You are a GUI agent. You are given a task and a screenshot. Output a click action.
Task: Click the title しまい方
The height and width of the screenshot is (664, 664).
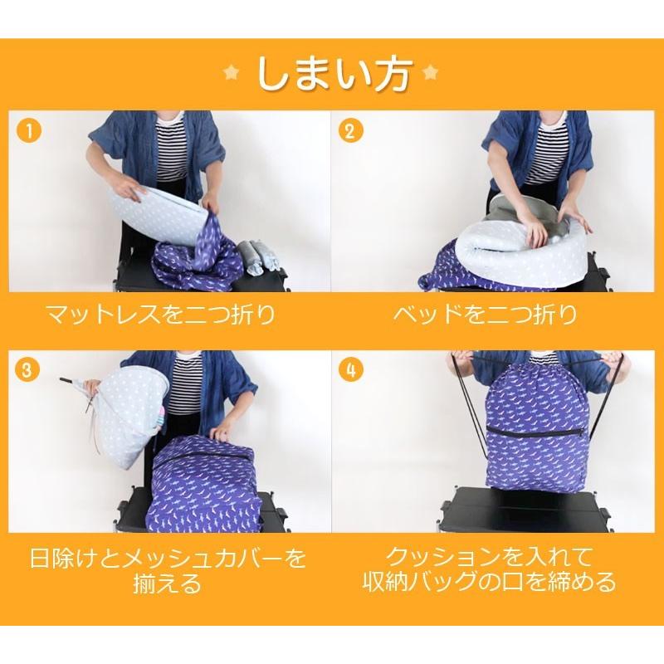tap(333, 74)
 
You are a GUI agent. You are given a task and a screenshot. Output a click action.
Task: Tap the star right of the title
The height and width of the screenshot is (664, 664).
tap(431, 73)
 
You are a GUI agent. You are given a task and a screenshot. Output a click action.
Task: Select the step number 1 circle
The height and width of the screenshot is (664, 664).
tap(29, 131)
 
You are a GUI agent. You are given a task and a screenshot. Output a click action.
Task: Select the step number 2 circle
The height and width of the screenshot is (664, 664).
tap(349, 131)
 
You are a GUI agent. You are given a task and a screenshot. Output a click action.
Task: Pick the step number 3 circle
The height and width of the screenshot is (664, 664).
tap(27, 369)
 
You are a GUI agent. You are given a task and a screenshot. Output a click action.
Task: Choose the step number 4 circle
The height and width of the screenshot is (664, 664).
tap(350, 369)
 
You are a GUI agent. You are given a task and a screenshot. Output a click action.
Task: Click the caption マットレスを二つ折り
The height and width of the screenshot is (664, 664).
tap(160, 315)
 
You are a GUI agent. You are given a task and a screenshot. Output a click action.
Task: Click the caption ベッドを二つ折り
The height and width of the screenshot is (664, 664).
tap(485, 315)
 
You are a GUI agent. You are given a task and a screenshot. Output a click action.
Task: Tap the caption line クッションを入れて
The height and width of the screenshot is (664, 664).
tap(489, 557)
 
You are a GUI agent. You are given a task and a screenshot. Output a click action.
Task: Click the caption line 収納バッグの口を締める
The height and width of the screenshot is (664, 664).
tap(489, 583)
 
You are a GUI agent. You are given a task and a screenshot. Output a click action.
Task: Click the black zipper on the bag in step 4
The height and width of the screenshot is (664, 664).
tap(535, 430)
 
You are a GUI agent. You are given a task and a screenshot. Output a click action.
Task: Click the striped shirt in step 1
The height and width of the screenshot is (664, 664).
tap(173, 149)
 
